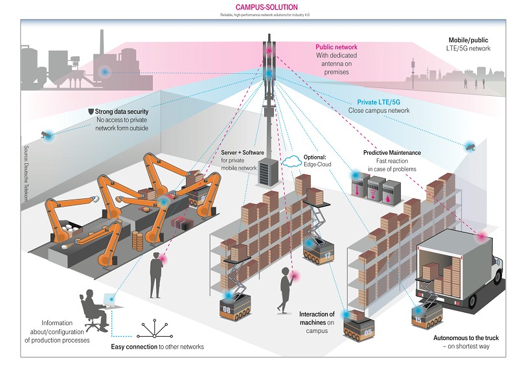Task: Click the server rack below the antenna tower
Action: tap(267, 170)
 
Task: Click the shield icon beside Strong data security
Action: tap(91, 111)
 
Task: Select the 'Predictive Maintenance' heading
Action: tap(392, 153)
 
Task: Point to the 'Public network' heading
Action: tap(337, 47)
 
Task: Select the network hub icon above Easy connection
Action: tap(154, 330)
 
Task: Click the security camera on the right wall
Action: tap(469, 147)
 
